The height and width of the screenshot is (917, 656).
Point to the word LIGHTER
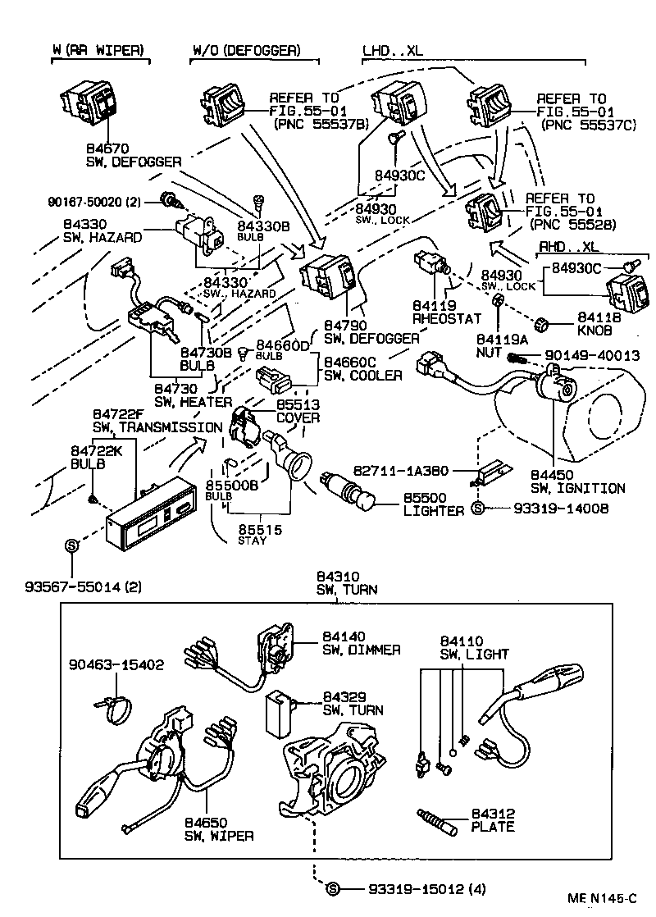(x=434, y=511)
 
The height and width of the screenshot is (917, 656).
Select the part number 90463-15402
(x=116, y=665)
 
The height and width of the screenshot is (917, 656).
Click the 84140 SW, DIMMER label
(x=361, y=643)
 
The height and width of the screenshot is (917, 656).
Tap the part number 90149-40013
(x=585, y=356)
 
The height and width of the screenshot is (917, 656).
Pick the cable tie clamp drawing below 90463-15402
(x=116, y=709)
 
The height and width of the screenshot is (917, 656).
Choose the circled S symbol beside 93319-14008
(x=479, y=509)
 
